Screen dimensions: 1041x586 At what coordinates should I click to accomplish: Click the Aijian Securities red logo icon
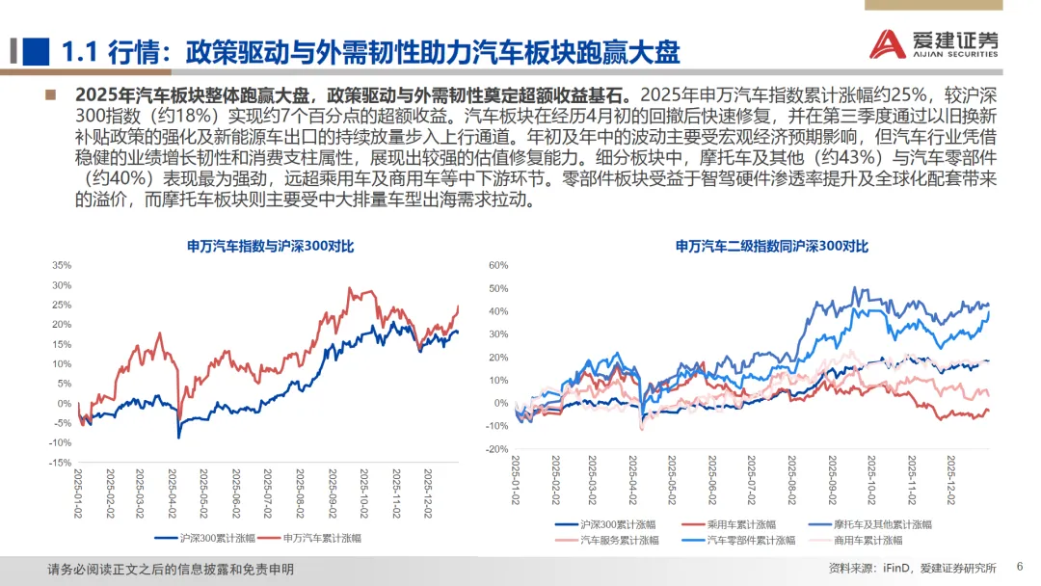(x=888, y=43)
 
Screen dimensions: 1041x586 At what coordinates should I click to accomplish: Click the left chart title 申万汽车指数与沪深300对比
(x=270, y=246)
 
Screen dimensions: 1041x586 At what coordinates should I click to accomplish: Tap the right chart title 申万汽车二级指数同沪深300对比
(x=771, y=246)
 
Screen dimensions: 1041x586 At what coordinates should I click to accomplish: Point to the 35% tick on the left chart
(x=62, y=265)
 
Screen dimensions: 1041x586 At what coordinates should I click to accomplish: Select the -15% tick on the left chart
(x=60, y=463)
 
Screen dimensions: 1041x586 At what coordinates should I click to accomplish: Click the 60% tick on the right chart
(x=498, y=265)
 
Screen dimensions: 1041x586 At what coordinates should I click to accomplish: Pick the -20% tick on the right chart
(x=496, y=449)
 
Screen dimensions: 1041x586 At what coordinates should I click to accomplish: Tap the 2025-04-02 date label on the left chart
(x=173, y=493)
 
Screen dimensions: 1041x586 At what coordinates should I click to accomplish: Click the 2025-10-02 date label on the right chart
(x=871, y=480)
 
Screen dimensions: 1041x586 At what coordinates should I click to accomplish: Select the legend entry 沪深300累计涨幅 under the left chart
(x=205, y=538)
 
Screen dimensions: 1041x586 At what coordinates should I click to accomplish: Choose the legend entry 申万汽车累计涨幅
(x=310, y=538)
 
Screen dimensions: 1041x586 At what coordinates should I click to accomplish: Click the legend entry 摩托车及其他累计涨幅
(x=869, y=524)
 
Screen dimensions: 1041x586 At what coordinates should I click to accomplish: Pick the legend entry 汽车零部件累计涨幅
(x=738, y=540)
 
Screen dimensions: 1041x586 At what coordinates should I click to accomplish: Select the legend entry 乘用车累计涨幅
(x=729, y=524)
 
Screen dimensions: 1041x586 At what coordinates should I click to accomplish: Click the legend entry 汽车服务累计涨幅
(x=607, y=540)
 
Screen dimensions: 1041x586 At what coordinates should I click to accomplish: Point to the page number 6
(x=1020, y=567)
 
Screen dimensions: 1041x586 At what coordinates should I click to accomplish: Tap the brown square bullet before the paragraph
(x=50, y=94)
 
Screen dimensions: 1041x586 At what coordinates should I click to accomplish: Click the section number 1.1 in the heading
(x=79, y=52)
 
